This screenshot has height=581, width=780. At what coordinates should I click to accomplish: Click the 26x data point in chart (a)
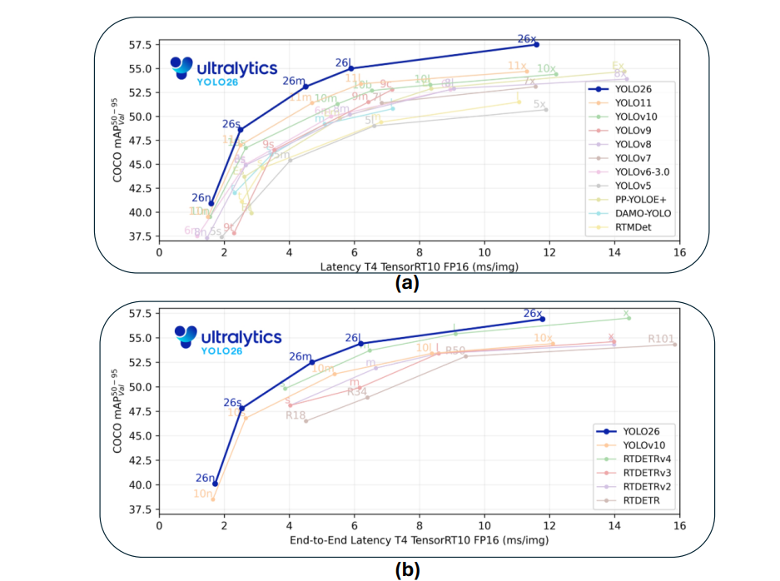pos(536,44)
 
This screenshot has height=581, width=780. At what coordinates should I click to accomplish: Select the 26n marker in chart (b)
pos(215,484)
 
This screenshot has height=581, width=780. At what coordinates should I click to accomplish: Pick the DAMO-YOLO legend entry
pos(642,213)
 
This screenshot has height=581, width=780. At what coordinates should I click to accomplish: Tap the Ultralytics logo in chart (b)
pos(228,337)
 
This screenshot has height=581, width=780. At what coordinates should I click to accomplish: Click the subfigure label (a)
pos(407,283)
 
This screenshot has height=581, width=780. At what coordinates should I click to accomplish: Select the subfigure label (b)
pos(407,570)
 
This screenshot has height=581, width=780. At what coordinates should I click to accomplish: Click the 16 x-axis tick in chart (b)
pos(679,526)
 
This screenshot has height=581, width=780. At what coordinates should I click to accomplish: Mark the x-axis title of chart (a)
pos(419,267)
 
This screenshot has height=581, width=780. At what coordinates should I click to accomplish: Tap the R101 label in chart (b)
pos(663,340)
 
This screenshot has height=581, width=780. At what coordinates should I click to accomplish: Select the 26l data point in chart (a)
pos(351,68)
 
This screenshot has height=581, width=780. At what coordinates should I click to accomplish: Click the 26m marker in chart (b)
pos(312,362)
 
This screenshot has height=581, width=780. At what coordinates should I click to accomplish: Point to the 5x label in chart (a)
pos(540,105)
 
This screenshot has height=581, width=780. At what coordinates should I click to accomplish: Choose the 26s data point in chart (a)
pos(241,130)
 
